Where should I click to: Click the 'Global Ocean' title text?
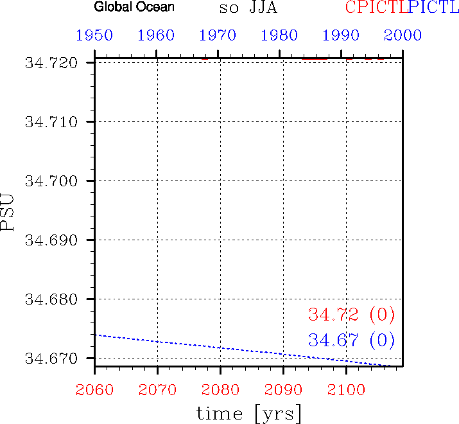pos(134,8)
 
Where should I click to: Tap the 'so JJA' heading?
pos(249,8)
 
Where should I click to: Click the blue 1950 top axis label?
pos(94,35)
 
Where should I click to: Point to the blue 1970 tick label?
pos(220,35)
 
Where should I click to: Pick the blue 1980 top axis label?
pos(282,35)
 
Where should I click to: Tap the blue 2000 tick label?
pos(403,35)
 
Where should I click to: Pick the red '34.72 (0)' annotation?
pos(351,315)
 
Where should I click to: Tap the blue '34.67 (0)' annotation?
pos(351,339)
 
